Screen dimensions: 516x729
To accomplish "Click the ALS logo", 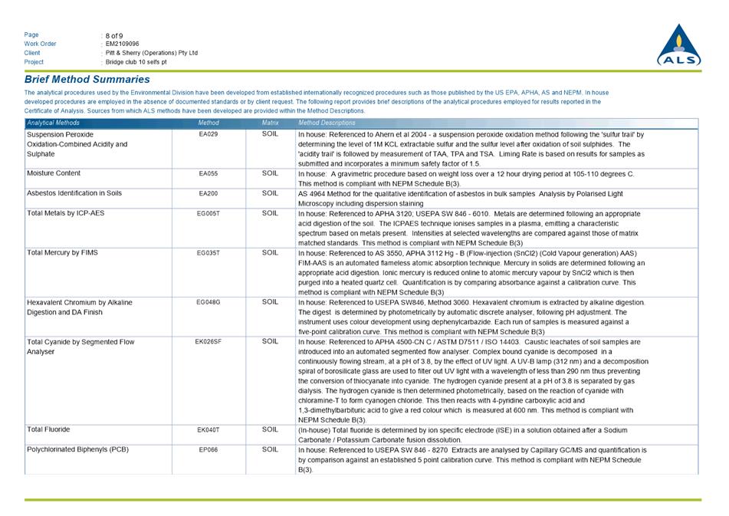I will click(678, 46).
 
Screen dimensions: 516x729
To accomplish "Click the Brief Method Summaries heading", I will click(87, 80).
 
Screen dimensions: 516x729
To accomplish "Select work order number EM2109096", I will click(123, 44).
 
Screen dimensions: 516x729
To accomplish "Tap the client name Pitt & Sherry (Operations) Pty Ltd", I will click(152, 53).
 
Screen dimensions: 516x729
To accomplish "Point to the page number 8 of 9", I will click(114, 35).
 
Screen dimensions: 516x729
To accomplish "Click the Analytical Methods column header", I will click(53, 123).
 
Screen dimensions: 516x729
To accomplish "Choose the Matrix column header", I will click(270, 123).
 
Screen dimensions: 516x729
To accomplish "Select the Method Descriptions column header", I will click(327, 123).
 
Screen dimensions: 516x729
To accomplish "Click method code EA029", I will click(208, 134).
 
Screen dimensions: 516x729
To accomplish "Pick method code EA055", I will click(208, 174).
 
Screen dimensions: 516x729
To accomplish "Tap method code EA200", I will click(208, 194).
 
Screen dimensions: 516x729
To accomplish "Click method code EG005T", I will click(209, 213).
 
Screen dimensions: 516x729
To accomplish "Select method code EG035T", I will click(209, 252).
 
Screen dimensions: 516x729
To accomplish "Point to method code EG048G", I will click(209, 303).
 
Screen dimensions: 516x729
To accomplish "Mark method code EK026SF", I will click(209, 342).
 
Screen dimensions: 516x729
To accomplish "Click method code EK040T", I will click(209, 430).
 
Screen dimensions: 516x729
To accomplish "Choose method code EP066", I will click(208, 450).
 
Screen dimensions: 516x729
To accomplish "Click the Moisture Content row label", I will click(54, 174).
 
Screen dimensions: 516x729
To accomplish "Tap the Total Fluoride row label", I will click(48, 430).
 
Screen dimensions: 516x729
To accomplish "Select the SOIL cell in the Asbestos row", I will click(270, 194).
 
